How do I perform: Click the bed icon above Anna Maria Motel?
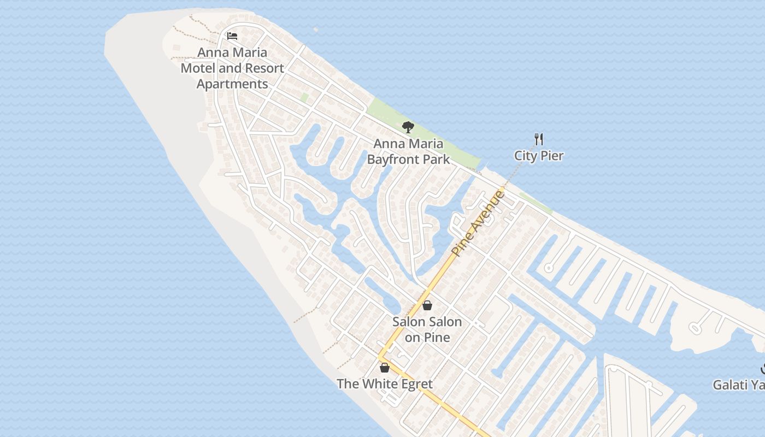(232, 37)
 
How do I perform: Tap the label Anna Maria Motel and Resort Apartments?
(232, 68)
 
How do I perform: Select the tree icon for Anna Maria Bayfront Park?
(408, 128)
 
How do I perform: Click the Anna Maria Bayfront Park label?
(408, 151)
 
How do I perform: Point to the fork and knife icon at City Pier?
(539, 139)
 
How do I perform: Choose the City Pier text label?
(539, 156)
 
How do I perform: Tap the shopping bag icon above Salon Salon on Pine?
(427, 305)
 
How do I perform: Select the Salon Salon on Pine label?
(427, 329)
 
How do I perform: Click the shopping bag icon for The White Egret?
(385, 368)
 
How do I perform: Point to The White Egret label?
(385, 384)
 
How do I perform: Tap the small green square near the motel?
(304, 97)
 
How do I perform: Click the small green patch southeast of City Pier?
(535, 203)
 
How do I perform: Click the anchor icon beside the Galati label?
(763, 369)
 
